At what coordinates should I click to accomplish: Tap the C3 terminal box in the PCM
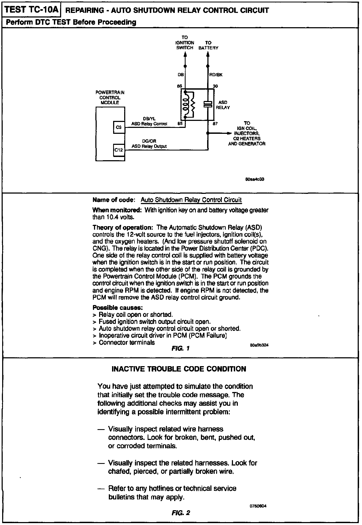[x=119, y=128]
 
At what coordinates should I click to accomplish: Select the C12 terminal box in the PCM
[x=119, y=150]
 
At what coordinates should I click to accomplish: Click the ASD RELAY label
[x=223, y=105]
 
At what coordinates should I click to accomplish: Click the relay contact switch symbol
[x=208, y=104]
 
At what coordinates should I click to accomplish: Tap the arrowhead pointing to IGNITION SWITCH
[x=185, y=54]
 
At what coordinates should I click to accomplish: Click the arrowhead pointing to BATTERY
[x=208, y=54]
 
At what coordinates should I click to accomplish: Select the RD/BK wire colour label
[x=216, y=75]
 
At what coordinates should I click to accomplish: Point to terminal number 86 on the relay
[x=179, y=86]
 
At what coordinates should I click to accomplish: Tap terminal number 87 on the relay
[x=215, y=124]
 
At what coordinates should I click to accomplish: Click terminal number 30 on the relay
[x=215, y=86]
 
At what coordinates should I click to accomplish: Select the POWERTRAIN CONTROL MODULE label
[x=110, y=97]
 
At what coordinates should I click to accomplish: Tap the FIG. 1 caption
[x=180, y=348]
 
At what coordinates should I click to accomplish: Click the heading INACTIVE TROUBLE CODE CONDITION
[x=179, y=369]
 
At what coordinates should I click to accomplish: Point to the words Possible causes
[x=117, y=307]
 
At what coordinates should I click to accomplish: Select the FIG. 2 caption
[x=181, y=513]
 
